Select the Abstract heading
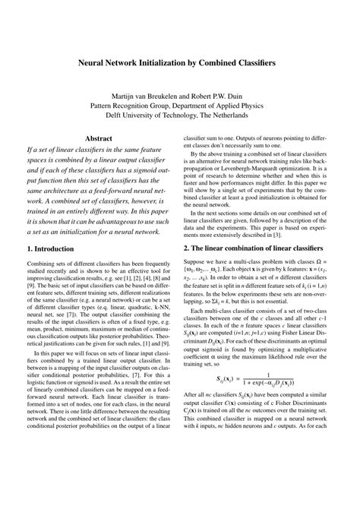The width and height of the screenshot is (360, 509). (99, 139)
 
